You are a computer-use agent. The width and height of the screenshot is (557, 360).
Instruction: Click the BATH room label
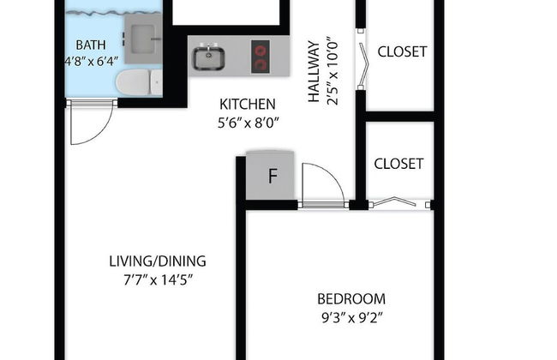click(x=91, y=45)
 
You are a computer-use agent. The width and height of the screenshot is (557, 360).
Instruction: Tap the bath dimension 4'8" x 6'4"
click(x=92, y=62)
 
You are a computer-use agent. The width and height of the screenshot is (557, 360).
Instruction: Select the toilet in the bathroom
click(x=139, y=82)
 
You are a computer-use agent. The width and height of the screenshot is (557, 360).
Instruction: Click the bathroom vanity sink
click(x=143, y=39)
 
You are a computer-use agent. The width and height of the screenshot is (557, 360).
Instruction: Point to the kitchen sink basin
click(x=208, y=58)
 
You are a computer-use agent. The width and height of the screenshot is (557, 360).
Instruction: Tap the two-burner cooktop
click(x=260, y=57)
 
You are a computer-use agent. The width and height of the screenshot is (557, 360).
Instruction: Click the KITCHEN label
click(x=248, y=105)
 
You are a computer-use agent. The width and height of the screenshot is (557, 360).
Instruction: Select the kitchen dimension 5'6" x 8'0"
click(x=248, y=123)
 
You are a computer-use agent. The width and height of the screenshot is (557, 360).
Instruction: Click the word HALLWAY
click(x=314, y=72)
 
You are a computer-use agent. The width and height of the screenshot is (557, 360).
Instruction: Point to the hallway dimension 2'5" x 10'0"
click(x=332, y=71)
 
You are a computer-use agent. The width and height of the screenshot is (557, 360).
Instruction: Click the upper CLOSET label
click(x=402, y=52)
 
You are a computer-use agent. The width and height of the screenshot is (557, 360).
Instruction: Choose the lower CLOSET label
click(x=398, y=164)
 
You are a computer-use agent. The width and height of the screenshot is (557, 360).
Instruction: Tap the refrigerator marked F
click(x=270, y=175)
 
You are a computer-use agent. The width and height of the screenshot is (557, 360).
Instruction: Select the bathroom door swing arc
click(x=103, y=132)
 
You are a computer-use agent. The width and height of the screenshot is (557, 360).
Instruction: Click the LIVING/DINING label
click(x=158, y=261)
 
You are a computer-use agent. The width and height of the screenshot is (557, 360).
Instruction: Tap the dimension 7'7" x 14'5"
click(x=158, y=280)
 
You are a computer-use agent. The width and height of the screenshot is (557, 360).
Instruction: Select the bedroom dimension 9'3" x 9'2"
click(x=351, y=318)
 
